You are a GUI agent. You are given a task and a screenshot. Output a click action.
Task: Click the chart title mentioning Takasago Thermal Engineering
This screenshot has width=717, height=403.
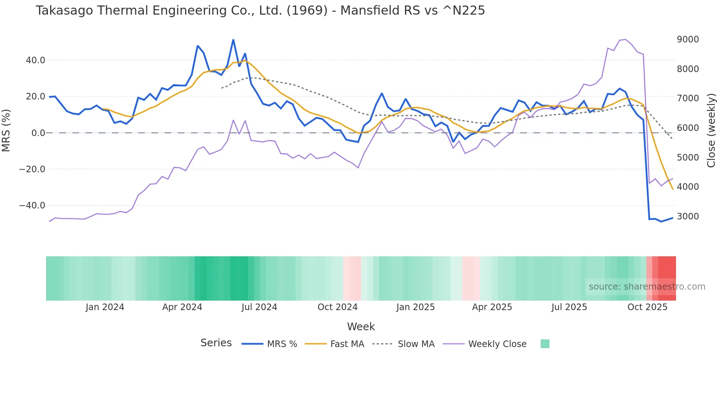coord(260,11)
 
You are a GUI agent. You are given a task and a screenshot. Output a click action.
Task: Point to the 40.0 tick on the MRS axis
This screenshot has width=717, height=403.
coord(35,60)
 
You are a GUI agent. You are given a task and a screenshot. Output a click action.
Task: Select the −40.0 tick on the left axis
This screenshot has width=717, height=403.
coord(32,206)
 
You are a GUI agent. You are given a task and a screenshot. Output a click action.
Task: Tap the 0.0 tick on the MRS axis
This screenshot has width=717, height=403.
coord(38,133)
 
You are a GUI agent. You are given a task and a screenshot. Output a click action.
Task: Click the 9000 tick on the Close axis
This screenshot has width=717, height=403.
coord(688,39)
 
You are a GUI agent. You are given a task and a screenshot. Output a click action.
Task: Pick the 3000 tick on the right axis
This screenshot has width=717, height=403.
coord(688,216)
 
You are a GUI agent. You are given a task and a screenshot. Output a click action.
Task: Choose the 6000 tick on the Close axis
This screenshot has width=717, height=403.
coord(688,128)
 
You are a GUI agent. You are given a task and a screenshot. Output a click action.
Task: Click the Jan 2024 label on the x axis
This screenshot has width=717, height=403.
coord(105,307)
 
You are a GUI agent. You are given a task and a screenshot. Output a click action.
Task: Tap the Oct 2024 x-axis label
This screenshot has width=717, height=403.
coord(337,307)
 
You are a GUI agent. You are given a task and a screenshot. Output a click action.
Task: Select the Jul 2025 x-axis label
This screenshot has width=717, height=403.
coord(569,307)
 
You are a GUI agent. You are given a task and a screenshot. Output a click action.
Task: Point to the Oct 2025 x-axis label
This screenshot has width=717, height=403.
coord(647,307)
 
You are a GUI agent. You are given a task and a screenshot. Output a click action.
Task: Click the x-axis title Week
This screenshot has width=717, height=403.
coord(361,327)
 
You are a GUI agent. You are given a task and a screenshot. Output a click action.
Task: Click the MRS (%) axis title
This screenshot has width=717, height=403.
coord(6,130)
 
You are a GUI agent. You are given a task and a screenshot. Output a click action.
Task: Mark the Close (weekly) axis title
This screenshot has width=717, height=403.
coord(711,130)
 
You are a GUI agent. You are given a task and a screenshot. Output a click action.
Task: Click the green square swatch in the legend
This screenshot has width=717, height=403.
coord(545,344)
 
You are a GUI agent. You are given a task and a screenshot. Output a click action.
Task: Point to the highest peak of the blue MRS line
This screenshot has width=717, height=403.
coord(233,40)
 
